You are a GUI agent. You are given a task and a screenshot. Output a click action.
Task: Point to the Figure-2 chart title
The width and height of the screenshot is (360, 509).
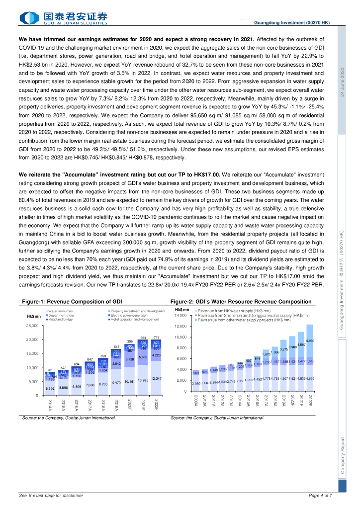[241, 302]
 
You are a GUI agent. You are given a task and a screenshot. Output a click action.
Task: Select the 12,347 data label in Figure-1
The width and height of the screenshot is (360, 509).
[156, 379]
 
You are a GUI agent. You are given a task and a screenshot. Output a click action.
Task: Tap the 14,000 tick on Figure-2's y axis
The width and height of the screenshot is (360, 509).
[180, 316]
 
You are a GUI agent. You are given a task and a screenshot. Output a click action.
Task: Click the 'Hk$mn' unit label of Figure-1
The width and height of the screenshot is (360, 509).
[34, 316]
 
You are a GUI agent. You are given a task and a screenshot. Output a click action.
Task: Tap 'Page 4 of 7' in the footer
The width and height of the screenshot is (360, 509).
[320, 496]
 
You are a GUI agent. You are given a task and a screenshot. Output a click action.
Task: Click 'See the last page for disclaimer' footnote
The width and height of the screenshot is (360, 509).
[51, 496]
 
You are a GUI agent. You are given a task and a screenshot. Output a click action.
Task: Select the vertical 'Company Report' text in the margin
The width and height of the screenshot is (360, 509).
[342, 456]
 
